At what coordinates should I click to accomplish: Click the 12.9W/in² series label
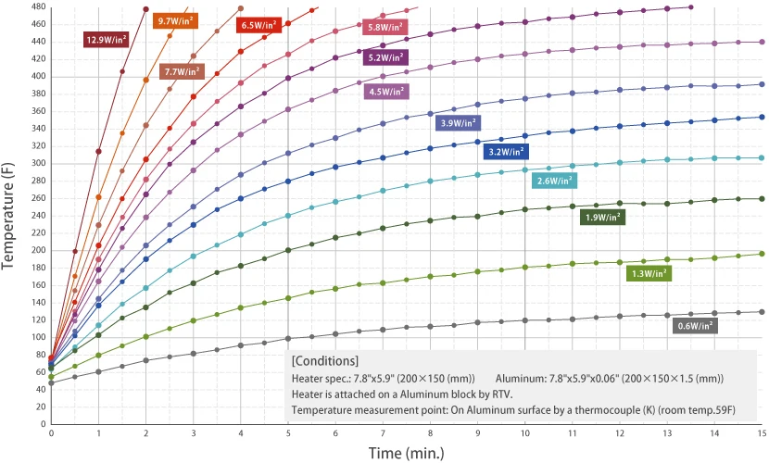106,40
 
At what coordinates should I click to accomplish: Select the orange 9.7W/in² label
176,20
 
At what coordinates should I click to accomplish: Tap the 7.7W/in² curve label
183,71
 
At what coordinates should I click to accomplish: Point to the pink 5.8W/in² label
385,28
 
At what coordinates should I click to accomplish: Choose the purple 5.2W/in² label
385,57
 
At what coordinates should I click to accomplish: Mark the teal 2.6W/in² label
555,181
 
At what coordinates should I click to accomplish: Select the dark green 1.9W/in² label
602,218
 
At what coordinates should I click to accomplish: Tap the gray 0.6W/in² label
697,325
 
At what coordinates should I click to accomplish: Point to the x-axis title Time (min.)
406,453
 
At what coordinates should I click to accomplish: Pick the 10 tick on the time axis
524,432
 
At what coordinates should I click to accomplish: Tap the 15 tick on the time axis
761,432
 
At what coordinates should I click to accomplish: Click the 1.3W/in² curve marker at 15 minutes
762,254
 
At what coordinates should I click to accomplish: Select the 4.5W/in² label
387,92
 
